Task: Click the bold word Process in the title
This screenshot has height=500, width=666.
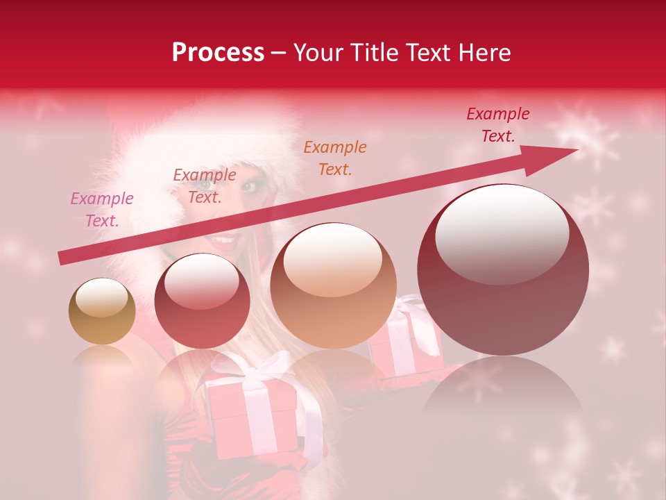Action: [x=218, y=53]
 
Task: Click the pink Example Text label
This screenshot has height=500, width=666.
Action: [x=102, y=210]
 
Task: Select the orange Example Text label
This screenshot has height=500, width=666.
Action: [x=335, y=158]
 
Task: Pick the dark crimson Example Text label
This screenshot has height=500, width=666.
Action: [x=498, y=125]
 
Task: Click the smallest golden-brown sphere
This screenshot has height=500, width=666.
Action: [x=102, y=311]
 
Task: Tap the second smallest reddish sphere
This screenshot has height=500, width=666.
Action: [x=203, y=301]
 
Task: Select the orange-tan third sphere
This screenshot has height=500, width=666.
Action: [x=333, y=285]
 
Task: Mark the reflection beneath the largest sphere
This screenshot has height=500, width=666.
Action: [x=503, y=396]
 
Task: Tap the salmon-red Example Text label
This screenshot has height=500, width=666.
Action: [x=205, y=186]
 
